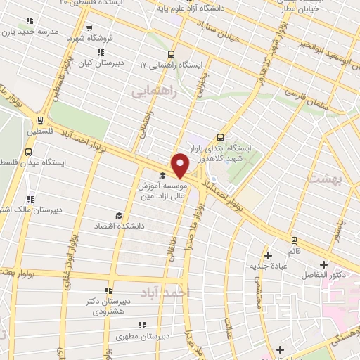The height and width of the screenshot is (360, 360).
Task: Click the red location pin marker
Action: (181, 165)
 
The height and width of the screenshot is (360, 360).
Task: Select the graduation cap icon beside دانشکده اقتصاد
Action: (119, 215)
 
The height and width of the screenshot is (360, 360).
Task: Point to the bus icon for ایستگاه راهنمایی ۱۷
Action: (171, 53)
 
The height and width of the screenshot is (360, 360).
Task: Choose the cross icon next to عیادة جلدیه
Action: (266, 255)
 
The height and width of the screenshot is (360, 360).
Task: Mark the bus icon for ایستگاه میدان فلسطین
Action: (28, 151)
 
